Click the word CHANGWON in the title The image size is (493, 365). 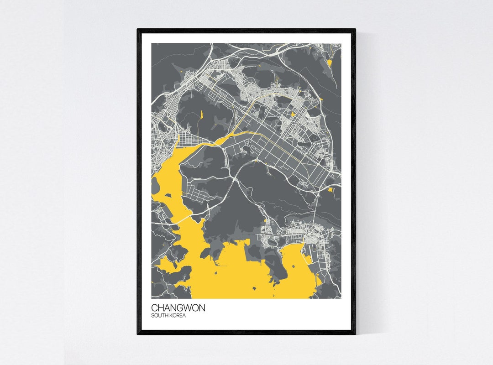(178, 308)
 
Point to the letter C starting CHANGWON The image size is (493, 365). (154, 308)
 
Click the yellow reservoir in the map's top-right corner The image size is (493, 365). (329, 62)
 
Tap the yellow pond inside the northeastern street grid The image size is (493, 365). (293, 115)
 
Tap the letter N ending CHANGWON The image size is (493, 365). (202, 308)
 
